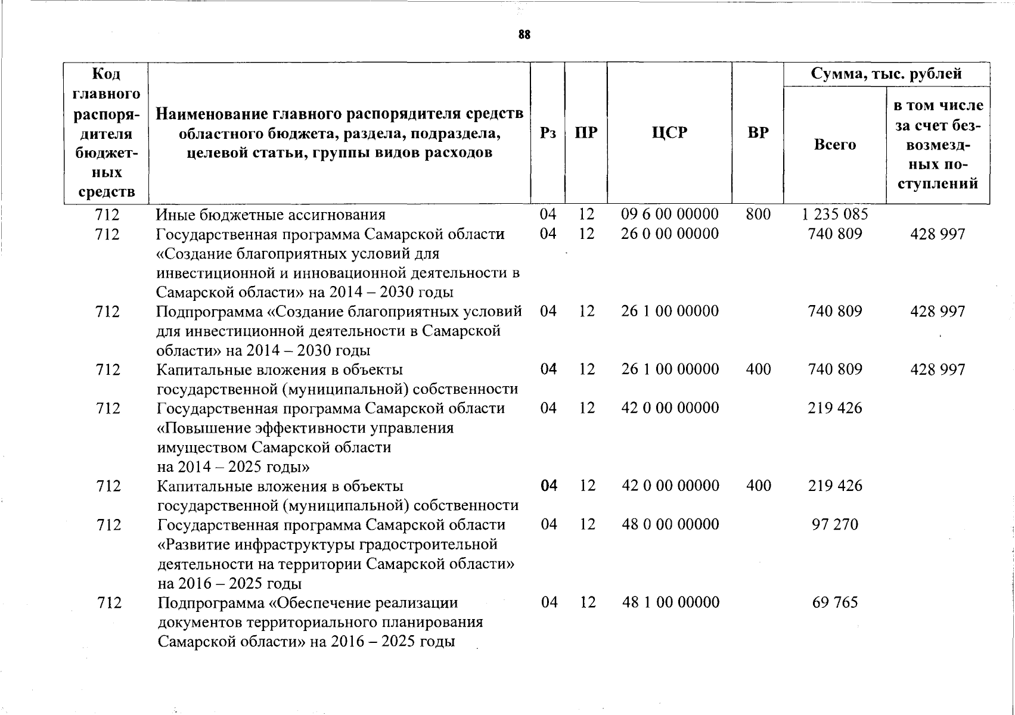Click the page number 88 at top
click(524, 35)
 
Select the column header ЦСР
click(669, 132)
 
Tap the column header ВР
click(758, 132)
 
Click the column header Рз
click(547, 132)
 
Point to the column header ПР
click(586, 132)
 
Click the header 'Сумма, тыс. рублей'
click(886, 74)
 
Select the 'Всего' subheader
click(834, 144)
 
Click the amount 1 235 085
click(835, 214)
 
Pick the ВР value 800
click(758, 214)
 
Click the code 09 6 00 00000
click(669, 214)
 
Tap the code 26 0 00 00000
click(669, 234)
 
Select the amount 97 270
click(835, 524)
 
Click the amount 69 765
click(835, 602)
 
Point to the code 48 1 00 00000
click(671, 602)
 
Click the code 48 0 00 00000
click(671, 524)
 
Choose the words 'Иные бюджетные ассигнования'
click(271, 214)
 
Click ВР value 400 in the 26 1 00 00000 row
click(758, 369)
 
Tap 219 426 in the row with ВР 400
click(835, 486)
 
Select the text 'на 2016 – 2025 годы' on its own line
click(229, 583)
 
